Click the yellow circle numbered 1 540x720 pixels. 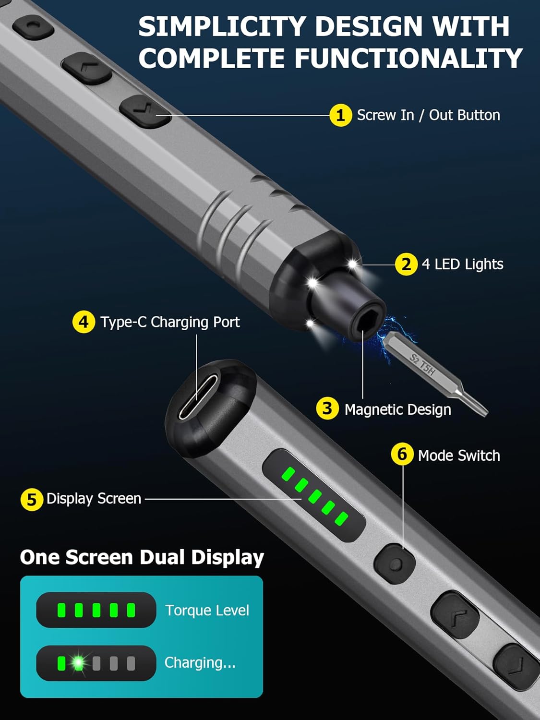(341, 115)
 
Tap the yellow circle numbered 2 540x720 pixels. (406, 264)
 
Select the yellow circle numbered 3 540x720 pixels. (327, 408)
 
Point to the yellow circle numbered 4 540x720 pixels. (84, 322)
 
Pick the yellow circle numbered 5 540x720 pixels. (32, 500)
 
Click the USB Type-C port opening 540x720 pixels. (198, 397)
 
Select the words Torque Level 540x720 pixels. (207, 611)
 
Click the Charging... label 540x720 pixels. (200, 662)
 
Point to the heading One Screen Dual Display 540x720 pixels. (142, 557)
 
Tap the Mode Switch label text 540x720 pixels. (459, 456)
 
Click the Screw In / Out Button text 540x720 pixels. (429, 115)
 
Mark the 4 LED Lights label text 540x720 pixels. (463, 264)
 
